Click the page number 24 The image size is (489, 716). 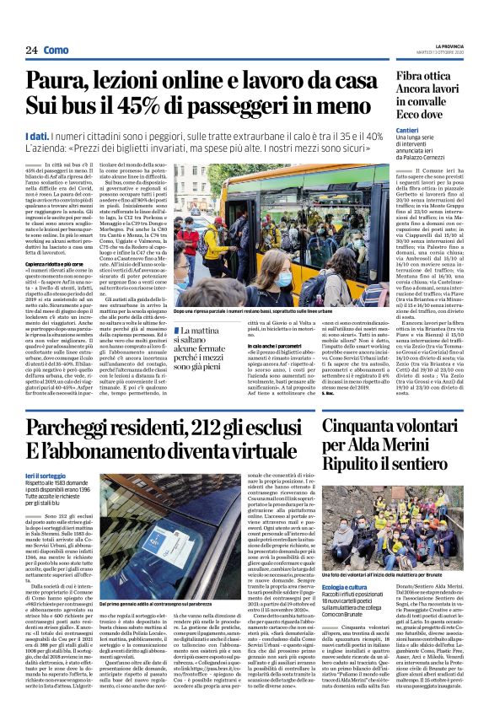[x=31, y=51]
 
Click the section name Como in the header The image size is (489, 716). [x=56, y=51]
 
